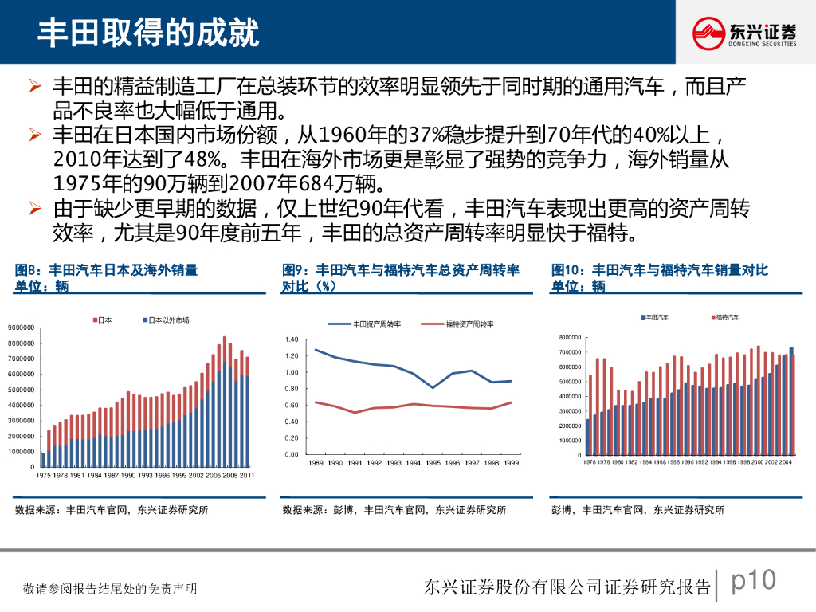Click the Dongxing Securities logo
(744, 33)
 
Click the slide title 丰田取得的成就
(149, 33)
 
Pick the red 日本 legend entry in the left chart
(102, 320)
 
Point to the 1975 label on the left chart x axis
(43, 475)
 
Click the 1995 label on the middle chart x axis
(433, 463)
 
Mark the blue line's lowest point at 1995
(433, 387)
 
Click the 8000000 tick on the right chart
(571, 338)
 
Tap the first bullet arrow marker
(33, 84)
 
